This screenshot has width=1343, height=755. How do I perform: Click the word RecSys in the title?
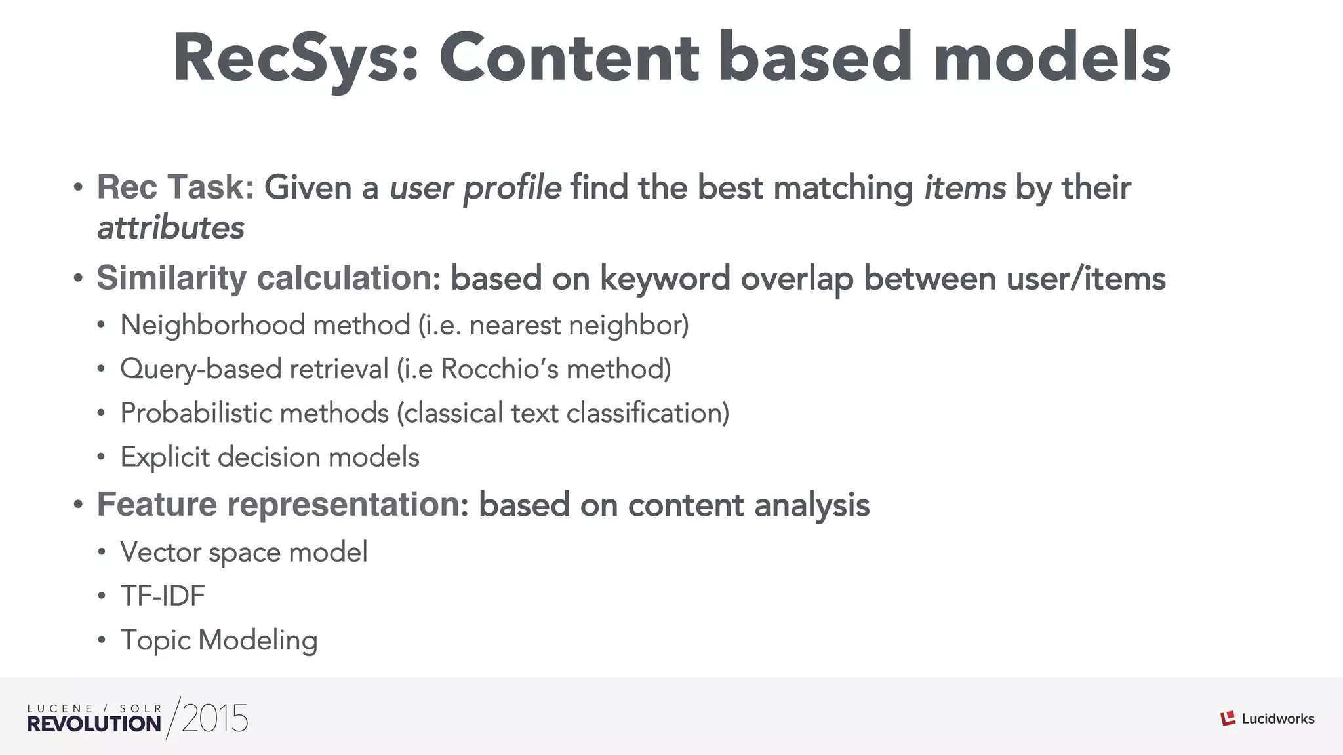click(x=295, y=59)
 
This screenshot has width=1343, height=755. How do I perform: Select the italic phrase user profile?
click(x=475, y=188)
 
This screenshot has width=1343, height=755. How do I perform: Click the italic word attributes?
click(x=170, y=228)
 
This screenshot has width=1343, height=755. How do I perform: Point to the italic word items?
click(x=965, y=187)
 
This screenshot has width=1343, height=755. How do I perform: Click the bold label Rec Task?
click(x=175, y=187)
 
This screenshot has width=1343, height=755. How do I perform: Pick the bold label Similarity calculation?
click(x=268, y=279)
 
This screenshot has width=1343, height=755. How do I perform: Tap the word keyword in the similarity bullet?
click(x=665, y=279)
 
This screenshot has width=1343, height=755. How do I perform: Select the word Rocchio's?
click(x=500, y=369)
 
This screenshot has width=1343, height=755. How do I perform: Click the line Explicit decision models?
click(x=270, y=457)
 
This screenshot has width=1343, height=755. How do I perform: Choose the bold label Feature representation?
click(x=283, y=505)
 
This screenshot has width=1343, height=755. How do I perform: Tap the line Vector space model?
click(x=243, y=552)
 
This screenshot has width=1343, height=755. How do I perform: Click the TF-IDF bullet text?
click(x=163, y=596)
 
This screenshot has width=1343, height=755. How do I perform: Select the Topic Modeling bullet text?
click(x=219, y=640)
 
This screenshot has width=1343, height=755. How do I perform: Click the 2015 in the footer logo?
click(x=215, y=719)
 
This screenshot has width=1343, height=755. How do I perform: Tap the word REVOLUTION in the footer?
click(x=94, y=724)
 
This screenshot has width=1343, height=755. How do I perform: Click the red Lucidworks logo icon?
click(x=1228, y=719)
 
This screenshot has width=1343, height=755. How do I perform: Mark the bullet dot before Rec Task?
click(x=78, y=188)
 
